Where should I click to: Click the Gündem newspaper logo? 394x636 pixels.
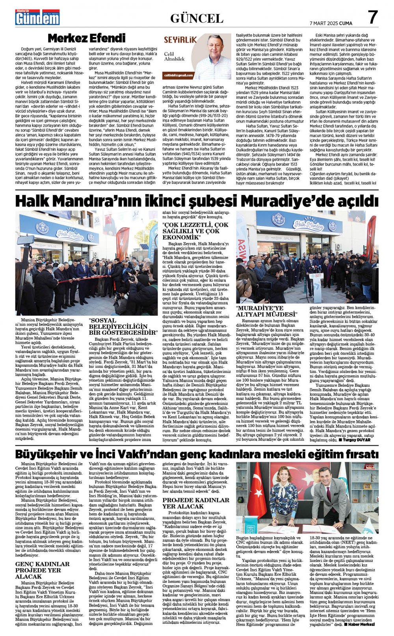tap(37, 18)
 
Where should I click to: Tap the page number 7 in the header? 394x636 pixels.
tap(372, 17)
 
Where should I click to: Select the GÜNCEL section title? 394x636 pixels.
tap(197, 18)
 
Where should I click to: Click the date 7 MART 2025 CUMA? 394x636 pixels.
tap(331, 23)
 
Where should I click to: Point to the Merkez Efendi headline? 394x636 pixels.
tap(86, 38)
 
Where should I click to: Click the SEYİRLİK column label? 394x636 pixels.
tap(180, 40)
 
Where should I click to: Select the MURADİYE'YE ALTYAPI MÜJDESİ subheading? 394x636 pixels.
tap(266, 311)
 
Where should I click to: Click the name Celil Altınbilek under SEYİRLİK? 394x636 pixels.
tap(174, 56)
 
